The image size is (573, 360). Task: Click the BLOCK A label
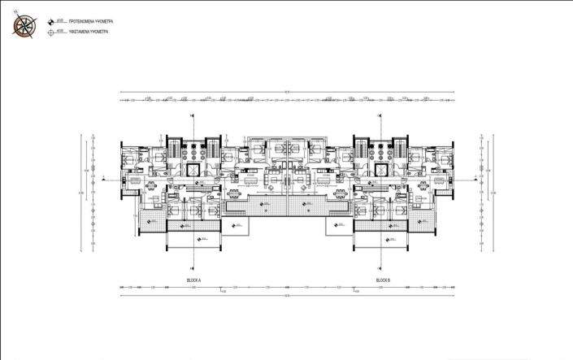tap(193, 280)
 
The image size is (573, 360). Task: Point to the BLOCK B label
tap(383, 280)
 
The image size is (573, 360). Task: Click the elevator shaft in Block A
tap(193, 170)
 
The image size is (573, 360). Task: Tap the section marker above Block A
tap(193, 117)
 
